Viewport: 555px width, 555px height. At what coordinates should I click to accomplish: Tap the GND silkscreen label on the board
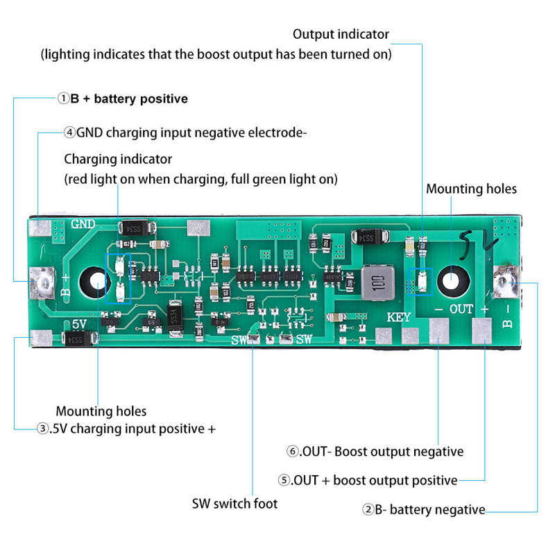(83, 224)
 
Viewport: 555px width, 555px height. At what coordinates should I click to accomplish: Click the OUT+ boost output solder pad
(482, 331)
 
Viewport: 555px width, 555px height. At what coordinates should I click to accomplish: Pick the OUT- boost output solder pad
(438, 331)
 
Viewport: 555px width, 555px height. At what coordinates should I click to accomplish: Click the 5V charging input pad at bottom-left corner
(41, 339)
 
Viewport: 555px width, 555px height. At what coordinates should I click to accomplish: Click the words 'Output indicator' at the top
(341, 34)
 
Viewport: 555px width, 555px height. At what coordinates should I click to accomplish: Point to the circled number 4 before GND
(69, 133)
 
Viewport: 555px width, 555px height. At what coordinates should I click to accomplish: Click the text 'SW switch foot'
(234, 503)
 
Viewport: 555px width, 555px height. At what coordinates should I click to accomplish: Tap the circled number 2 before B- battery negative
(368, 510)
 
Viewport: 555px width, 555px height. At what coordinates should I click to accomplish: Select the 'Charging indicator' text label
(118, 159)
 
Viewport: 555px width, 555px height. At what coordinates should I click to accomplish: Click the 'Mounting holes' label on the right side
(471, 189)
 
